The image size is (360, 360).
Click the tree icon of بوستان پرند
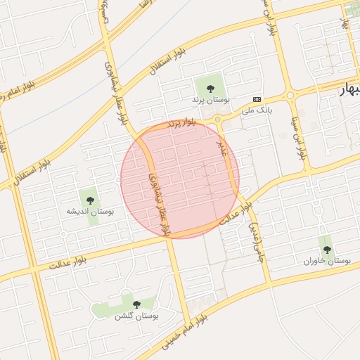210,89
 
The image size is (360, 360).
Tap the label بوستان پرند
210,101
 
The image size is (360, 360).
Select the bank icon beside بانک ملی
257,99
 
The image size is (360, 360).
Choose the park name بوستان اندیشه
89,211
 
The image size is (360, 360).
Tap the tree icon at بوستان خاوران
326,249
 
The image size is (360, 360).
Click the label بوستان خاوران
327,261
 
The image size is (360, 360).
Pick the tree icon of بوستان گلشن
136,304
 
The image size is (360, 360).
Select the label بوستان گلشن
137,316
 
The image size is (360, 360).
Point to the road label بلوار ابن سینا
299,134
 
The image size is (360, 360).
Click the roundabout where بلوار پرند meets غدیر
217,120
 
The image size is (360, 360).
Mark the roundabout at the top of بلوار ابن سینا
288,96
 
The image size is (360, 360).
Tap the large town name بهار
349,90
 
